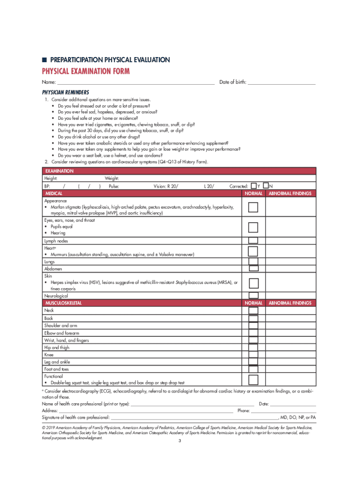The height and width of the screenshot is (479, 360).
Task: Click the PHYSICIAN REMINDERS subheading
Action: pos(65,92)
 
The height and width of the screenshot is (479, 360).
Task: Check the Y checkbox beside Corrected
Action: pos(254,186)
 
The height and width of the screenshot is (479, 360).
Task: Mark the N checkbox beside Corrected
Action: pos(266,186)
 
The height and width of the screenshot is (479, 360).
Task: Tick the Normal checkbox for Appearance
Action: pos(253,207)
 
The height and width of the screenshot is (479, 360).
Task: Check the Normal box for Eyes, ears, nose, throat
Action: pos(253,227)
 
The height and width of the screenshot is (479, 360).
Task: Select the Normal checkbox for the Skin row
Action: pos(253,283)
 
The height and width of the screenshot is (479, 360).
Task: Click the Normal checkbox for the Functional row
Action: pos(253,379)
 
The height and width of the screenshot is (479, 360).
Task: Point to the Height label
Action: pos(51,179)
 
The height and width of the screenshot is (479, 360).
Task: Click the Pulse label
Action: pos(114,186)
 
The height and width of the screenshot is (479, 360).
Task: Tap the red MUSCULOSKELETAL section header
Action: pos(63,303)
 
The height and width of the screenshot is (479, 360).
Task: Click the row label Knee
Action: pos(49,355)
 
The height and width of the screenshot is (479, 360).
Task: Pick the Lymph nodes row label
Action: pos(56,241)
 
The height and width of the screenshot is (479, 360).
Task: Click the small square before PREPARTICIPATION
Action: pos(44,60)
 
